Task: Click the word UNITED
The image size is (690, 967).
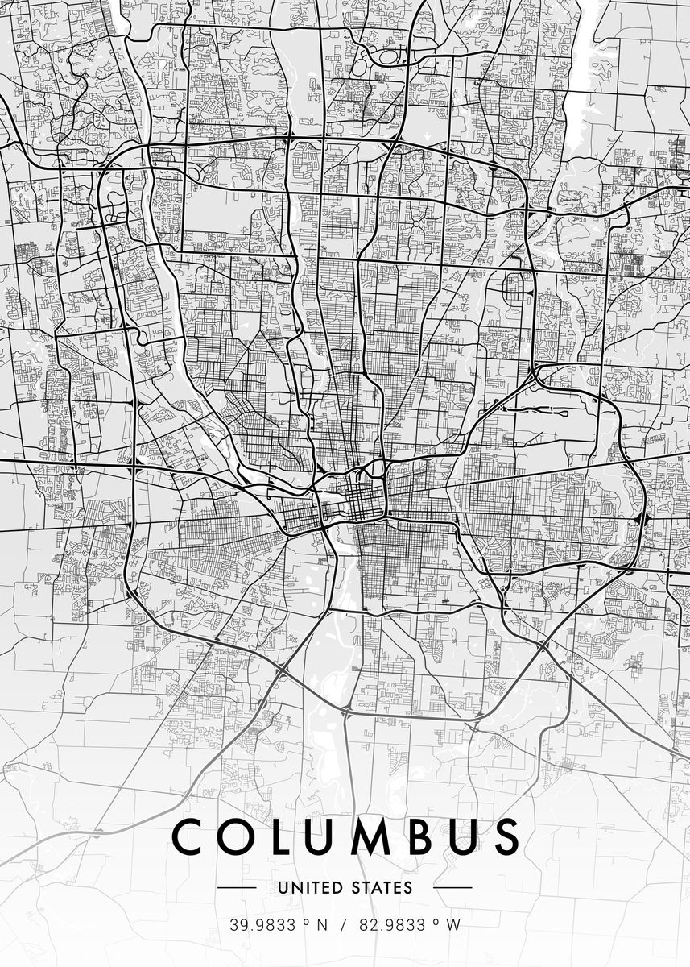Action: point(308,888)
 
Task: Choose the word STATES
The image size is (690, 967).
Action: point(383,888)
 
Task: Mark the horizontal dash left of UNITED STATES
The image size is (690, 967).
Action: point(238,888)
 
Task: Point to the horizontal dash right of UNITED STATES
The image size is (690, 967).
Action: point(452,888)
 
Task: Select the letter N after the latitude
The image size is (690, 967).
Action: point(322,925)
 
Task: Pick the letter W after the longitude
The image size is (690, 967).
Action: point(453,925)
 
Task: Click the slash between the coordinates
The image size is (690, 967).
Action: point(343,925)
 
